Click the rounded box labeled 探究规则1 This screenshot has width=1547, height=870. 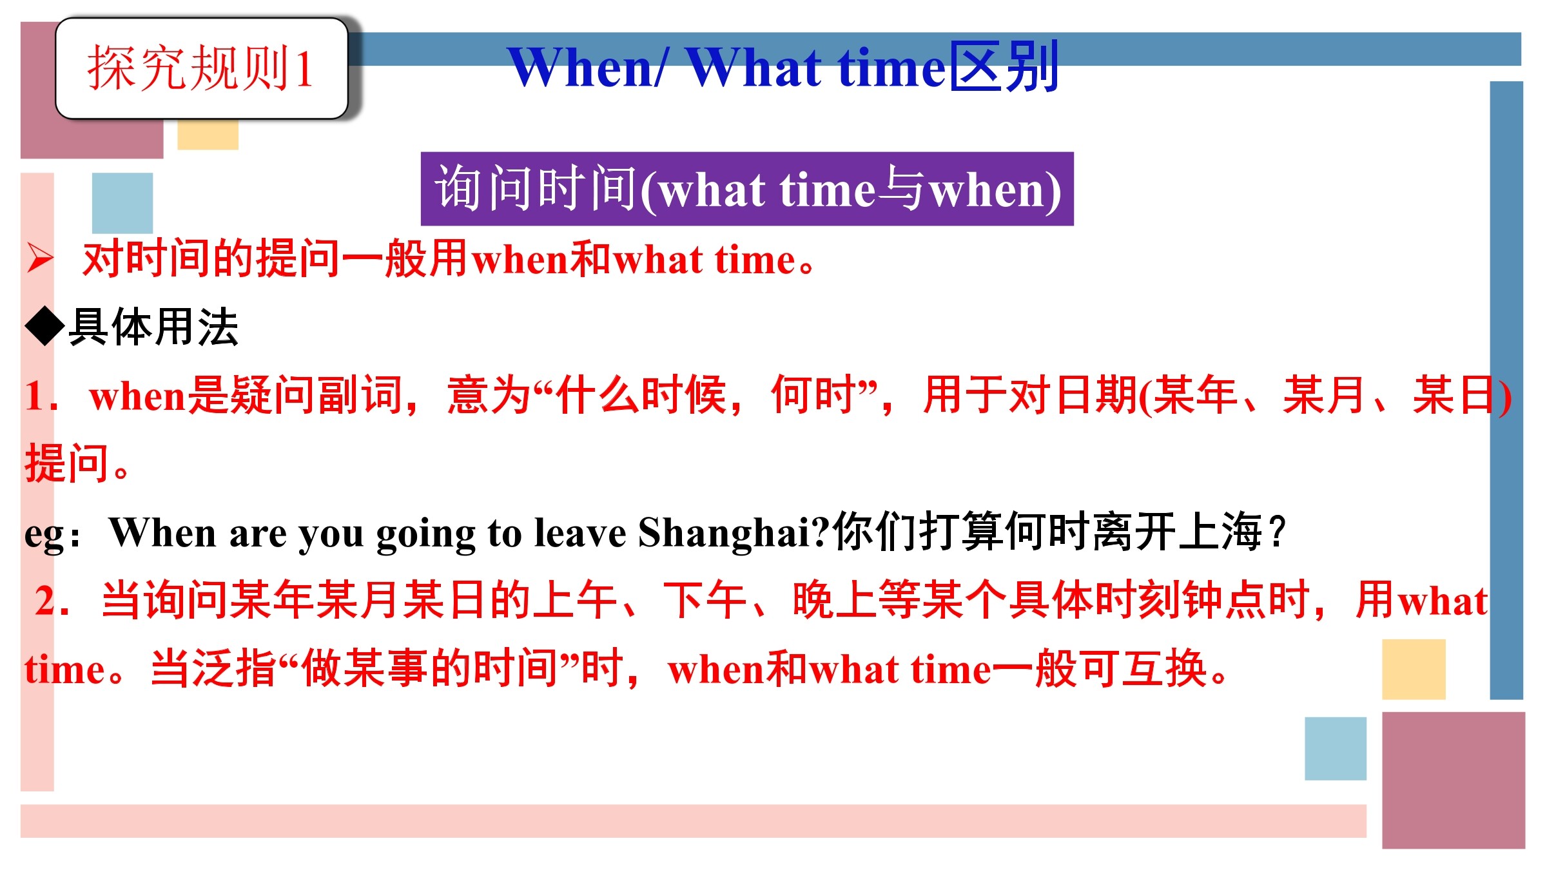click(x=202, y=68)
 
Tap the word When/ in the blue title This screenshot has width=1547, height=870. click(x=587, y=67)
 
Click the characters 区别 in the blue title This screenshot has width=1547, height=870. click(x=1004, y=66)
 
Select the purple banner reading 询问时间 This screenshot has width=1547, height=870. click(x=747, y=189)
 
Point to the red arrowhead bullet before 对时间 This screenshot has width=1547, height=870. click(x=40, y=259)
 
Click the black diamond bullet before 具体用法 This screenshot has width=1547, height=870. click(x=45, y=327)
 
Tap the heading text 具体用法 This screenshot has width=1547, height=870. click(x=153, y=327)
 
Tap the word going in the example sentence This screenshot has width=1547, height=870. click(x=425, y=535)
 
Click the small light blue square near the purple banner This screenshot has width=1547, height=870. click(x=122, y=203)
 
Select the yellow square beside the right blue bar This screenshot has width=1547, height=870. click(x=1414, y=669)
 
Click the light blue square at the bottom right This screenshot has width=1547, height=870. click(x=1336, y=748)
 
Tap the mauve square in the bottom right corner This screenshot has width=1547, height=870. click(x=1454, y=780)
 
